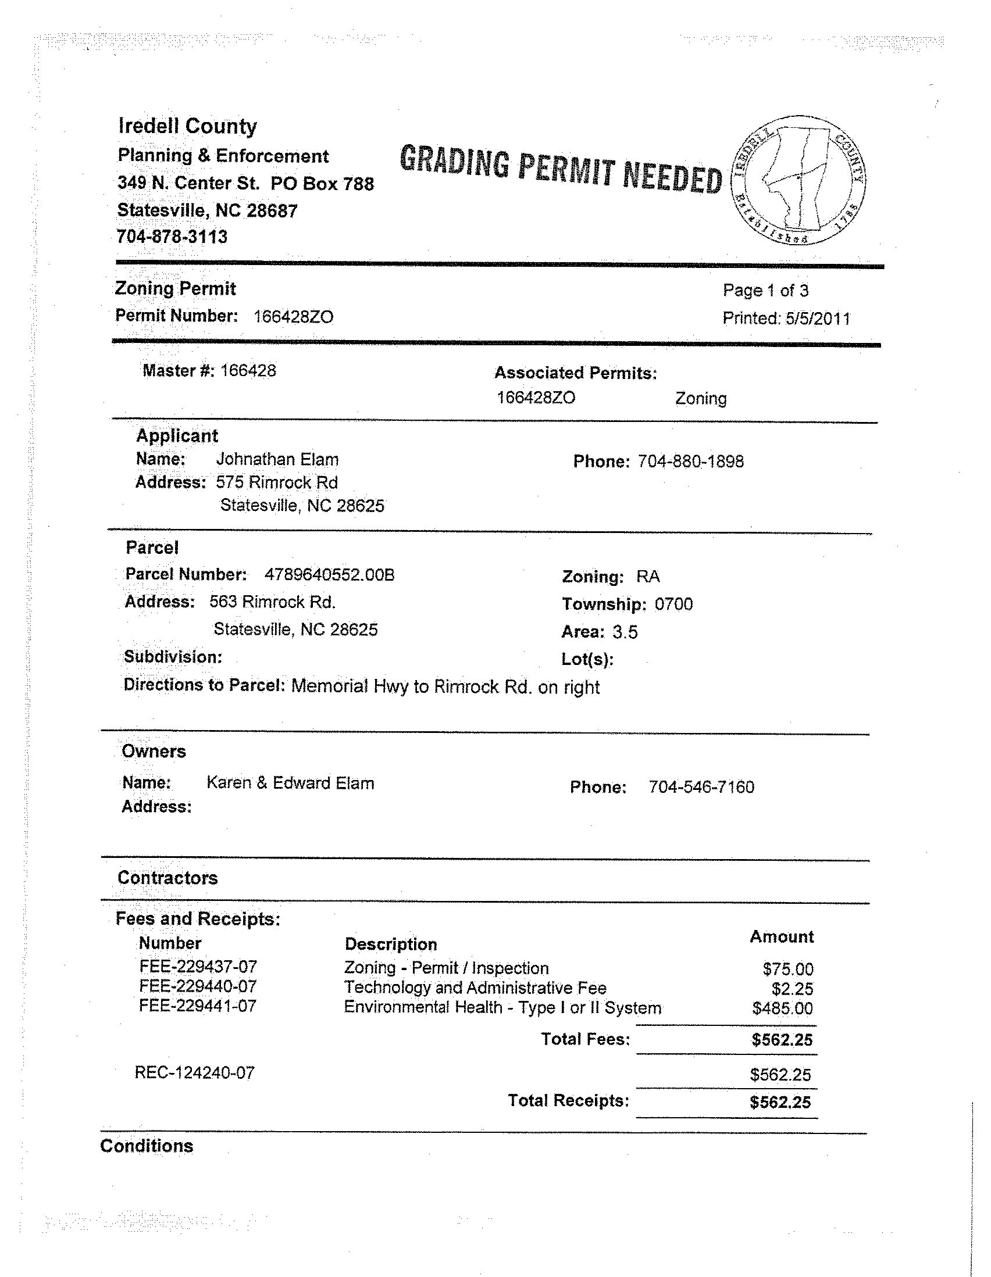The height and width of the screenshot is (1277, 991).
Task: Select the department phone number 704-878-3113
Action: tap(172, 237)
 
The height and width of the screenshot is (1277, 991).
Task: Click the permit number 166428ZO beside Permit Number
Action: tap(293, 317)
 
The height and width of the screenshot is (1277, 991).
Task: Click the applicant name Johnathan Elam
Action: tap(277, 460)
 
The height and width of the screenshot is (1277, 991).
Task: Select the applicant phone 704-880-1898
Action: tap(690, 462)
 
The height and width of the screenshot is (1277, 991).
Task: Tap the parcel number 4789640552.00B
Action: tap(329, 575)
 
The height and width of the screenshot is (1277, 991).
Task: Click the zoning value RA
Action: tap(648, 577)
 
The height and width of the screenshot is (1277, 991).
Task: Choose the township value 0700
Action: tap(673, 604)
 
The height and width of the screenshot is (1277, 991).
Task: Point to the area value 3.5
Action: tap(625, 632)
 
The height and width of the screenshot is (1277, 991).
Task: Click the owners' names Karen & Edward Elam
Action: tap(290, 783)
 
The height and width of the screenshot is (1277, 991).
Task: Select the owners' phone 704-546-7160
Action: tap(701, 787)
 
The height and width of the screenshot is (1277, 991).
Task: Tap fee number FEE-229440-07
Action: tap(198, 986)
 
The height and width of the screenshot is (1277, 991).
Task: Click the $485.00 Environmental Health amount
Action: tap(782, 1008)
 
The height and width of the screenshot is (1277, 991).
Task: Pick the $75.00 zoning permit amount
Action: tap(787, 969)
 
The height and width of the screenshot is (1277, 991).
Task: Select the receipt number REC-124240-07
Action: tap(194, 1072)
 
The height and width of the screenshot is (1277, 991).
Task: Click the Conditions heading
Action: tap(146, 1146)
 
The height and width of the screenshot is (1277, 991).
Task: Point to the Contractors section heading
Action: tap(167, 878)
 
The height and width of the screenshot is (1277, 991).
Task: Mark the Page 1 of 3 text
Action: tap(765, 290)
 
